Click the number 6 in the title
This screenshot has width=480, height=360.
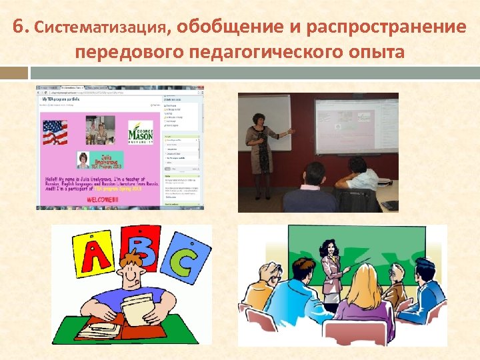point(18,27)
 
